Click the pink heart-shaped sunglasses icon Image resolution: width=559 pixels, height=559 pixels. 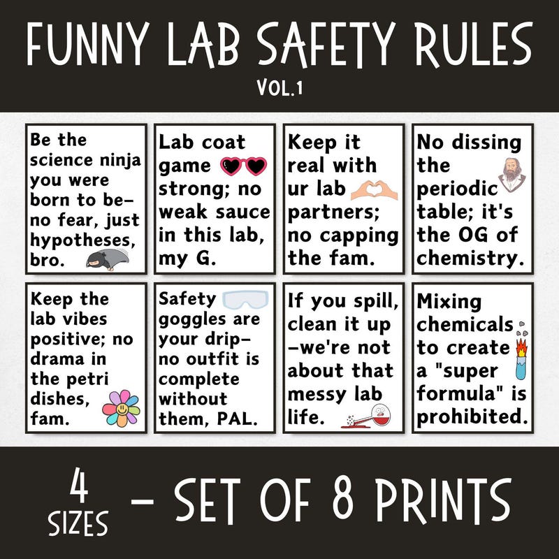coord(244,166)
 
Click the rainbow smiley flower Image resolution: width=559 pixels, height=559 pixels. coord(121,408)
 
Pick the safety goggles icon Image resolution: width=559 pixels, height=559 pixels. coord(245,300)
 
